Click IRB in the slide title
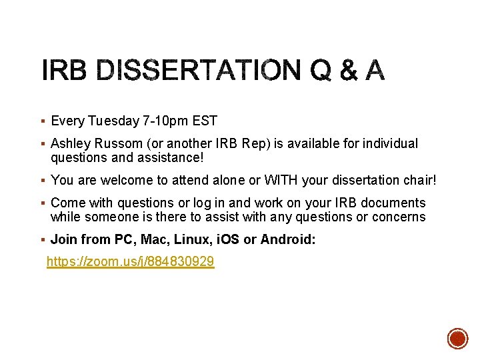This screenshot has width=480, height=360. coord(64,70)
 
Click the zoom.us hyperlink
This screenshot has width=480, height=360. coord(130,262)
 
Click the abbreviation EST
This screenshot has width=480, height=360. coord(205,121)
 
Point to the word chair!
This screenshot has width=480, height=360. coord(419,180)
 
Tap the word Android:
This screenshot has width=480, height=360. coord(288,239)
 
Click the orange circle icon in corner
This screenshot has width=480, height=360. coord(457,338)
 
